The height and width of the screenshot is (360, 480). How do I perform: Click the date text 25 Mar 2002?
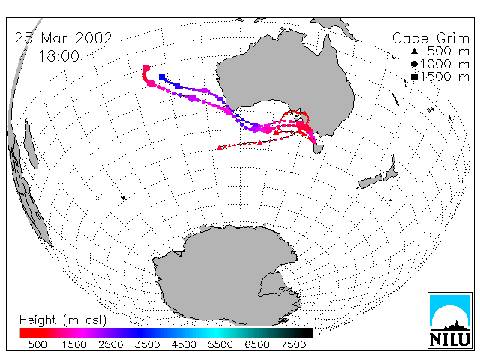(x=63, y=38)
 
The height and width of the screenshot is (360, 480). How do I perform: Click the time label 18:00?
(x=58, y=56)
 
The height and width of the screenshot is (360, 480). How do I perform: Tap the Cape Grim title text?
(x=430, y=39)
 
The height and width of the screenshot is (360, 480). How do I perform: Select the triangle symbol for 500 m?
(x=414, y=51)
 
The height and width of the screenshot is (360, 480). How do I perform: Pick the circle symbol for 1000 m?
(x=414, y=64)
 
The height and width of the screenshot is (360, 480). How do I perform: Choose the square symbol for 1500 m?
(x=414, y=76)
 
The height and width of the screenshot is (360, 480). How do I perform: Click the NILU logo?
(x=449, y=320)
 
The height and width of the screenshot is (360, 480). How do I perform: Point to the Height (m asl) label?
(x=63, y=320)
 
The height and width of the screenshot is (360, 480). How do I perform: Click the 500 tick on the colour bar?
(x=37, y=344)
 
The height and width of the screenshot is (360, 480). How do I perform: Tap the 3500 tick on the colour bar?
(x=147, y=344)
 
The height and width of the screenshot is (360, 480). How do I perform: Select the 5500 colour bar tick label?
(x=220, y=344)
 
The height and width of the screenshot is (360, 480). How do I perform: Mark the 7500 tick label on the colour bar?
(x=293, y=344)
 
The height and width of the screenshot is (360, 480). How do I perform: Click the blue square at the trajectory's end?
(x=162, y=76)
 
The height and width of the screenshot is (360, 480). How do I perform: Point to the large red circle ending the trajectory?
(x=146, y=68)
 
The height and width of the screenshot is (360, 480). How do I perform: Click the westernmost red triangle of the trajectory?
(x=219, y=148)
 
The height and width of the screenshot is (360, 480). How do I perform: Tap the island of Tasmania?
(x=319, y=148)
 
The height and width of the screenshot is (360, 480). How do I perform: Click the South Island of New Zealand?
(x=370, y=181)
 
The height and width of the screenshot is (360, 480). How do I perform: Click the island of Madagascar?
(x=31, y=145)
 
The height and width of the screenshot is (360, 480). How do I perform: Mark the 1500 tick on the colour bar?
(x=74, y=344)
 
